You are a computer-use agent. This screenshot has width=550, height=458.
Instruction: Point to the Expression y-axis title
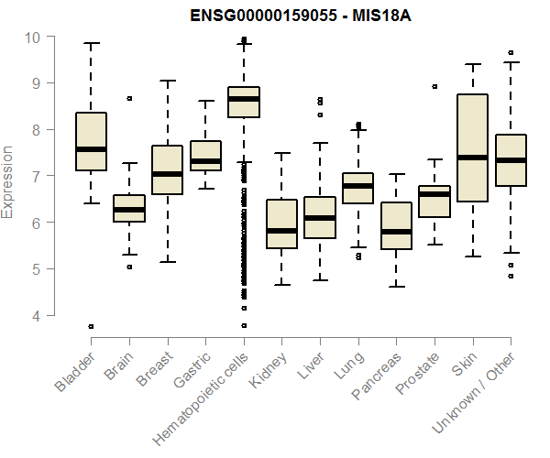(8, 181)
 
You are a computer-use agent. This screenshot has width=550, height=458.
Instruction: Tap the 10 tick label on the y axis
(33, 37)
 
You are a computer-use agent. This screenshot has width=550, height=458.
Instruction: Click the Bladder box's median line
(91, 149)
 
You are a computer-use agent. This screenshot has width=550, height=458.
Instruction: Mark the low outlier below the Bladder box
(91, 326)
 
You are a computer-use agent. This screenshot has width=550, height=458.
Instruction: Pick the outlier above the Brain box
(129, 98)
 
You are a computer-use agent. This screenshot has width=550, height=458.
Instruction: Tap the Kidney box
(281, 224)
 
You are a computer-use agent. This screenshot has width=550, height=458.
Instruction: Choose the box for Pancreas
(396, 225)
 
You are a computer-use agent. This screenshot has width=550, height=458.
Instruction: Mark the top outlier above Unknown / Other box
(510, 53)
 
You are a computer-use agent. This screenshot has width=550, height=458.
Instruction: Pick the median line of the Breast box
(167, 174)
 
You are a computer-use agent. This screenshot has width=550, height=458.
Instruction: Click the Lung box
(357, 188)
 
